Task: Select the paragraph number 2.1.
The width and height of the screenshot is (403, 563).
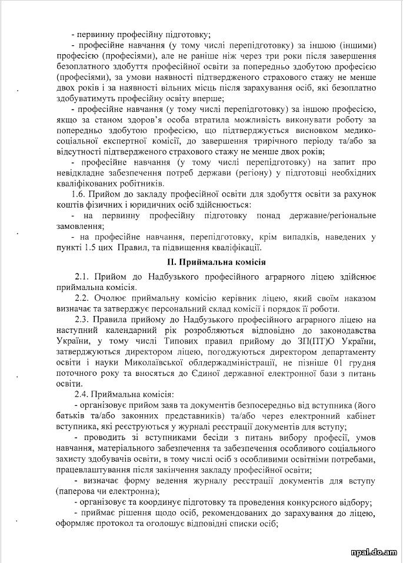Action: point(83,276)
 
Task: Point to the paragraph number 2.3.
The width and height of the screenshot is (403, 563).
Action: point(83,319)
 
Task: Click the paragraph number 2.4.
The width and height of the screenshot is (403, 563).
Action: point(83,394)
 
